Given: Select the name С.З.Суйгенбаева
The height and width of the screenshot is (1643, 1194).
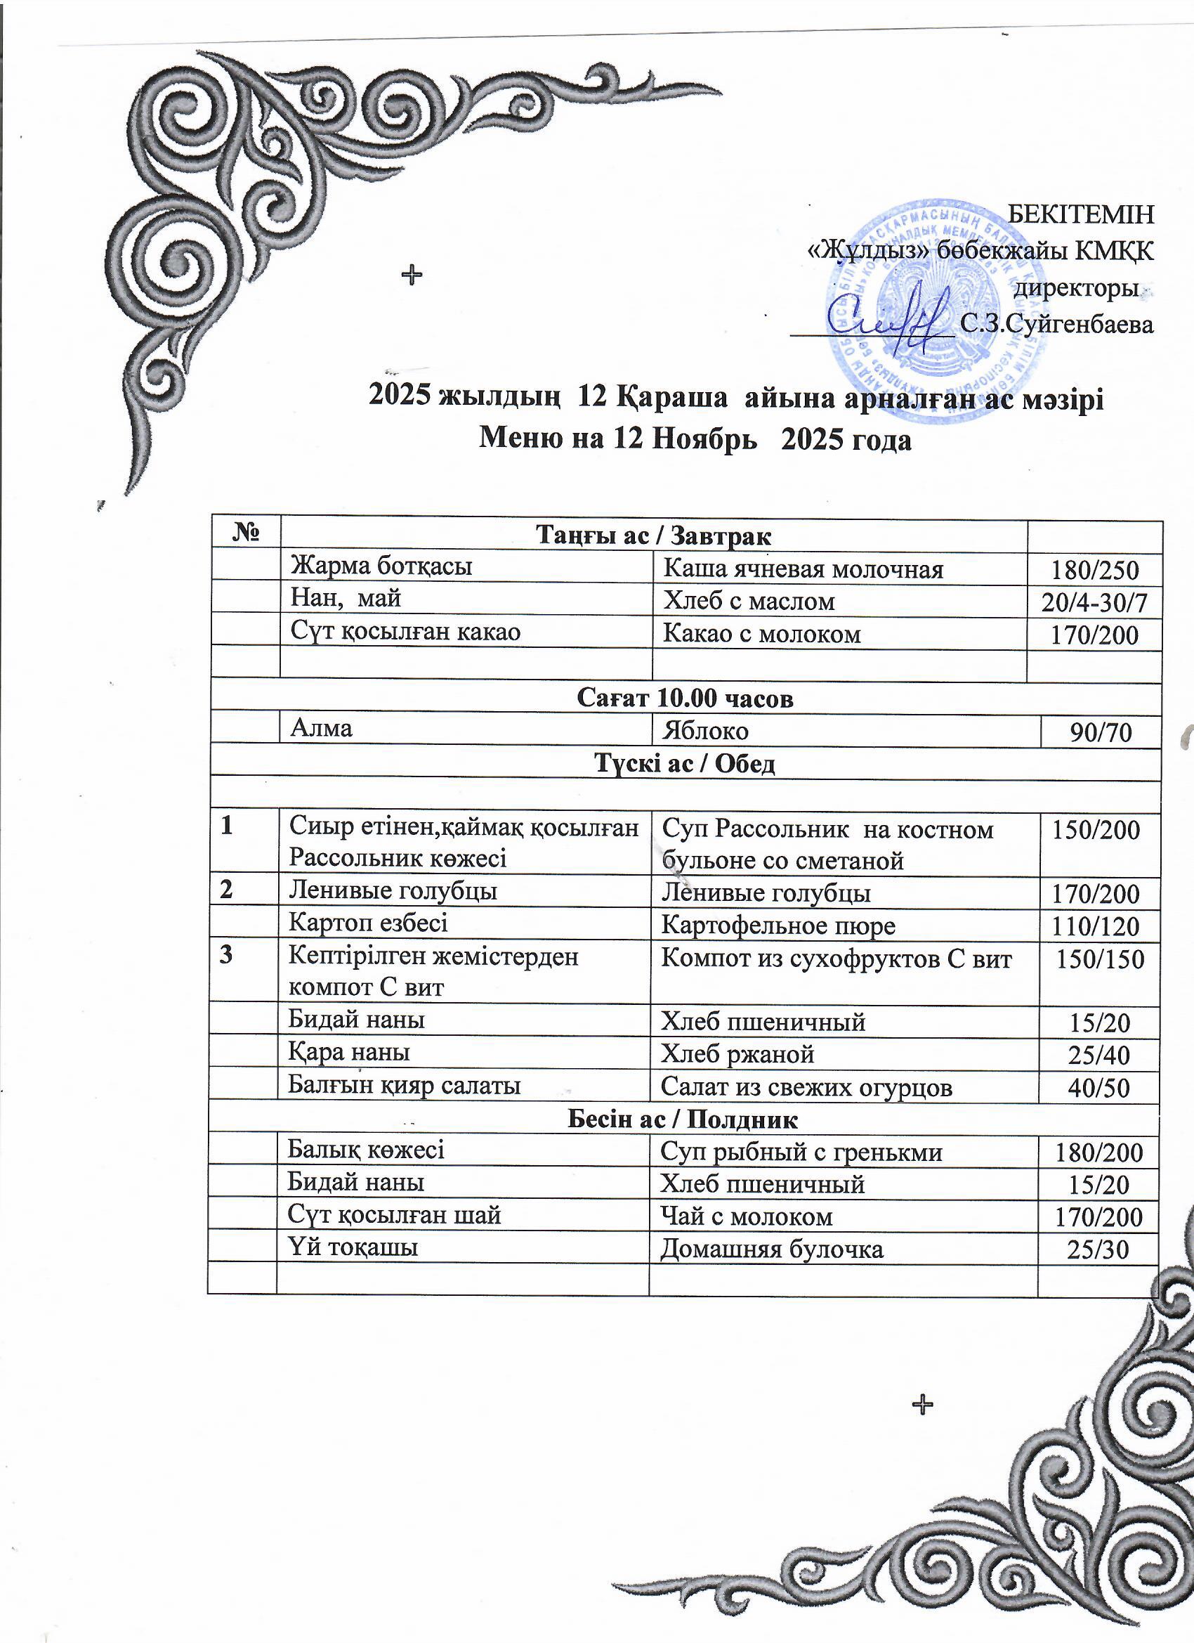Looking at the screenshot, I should pos(1056,324).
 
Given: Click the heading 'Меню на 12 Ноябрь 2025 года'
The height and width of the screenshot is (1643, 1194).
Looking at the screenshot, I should pos(695,439).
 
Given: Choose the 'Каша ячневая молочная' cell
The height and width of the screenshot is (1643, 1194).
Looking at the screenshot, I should pos(803,569).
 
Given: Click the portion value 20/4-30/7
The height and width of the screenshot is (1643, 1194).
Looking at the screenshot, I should pos(1094,602).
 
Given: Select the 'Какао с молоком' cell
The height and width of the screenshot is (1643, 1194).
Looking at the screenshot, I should pos(763,634).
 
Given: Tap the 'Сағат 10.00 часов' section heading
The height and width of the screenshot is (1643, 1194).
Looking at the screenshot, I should pos(685,698).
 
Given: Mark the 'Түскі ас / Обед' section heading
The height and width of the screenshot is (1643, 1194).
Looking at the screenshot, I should pos(685,764).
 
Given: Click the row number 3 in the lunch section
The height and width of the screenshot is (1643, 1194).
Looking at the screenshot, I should pos(227,955).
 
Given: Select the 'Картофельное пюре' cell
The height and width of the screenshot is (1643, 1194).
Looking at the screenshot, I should pos(778,925).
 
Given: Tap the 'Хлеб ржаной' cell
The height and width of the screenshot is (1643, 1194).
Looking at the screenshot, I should pos(737,1054).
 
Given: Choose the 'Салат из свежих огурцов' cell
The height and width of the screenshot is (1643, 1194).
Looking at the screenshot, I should pos(806,1086).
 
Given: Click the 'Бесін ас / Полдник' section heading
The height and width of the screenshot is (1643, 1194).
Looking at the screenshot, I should pos(682,1120).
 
